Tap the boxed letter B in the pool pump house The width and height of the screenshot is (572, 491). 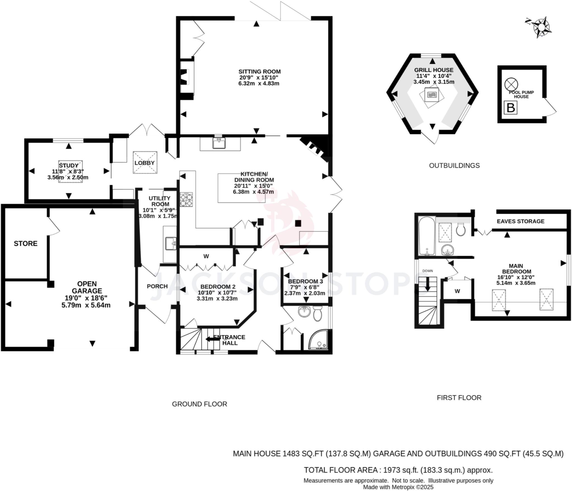pos(511,107)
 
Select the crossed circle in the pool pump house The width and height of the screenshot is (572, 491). pos(511,84)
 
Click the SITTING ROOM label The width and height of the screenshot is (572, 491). pos(259,72)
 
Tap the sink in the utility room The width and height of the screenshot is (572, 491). pos(170,243)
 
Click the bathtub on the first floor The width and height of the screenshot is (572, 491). pos(426,236)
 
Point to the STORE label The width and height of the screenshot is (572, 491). pos(26,243)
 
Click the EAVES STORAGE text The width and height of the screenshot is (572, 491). pos(521,221)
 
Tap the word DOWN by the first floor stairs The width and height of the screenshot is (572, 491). pos(428,271)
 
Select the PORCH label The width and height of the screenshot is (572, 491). pos(157,286)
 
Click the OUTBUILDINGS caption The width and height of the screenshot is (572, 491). pos(454,166)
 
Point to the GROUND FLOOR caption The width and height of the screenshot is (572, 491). pos(199,404)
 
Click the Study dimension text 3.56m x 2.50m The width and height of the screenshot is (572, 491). pos(68,177)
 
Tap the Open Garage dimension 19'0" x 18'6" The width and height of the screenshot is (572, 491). pos(86,298)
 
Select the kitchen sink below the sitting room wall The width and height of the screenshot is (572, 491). pos(220,143)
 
